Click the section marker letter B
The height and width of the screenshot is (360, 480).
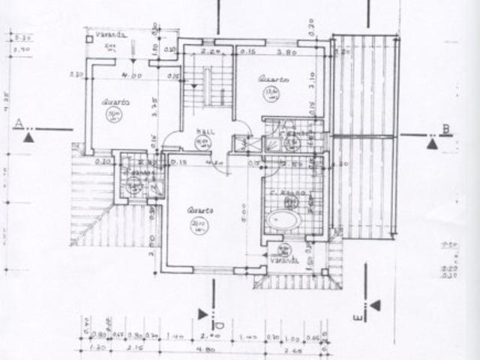click(446, 129)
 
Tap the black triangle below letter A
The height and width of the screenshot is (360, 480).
click(28, 137)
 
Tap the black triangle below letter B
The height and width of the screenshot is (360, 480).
click(433, 143)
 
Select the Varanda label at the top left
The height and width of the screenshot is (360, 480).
click(114, 34)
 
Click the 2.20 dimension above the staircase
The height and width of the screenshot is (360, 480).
click(210, 52)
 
